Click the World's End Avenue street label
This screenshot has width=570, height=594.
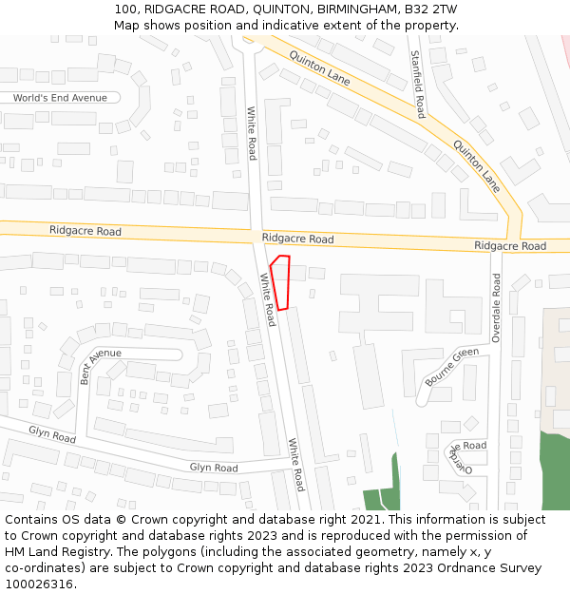[x=60, y=98]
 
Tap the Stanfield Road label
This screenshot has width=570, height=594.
[x=416, y=85]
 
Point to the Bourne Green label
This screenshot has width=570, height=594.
[x=451, y=367]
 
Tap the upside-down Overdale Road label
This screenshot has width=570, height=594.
[x=463, y=458]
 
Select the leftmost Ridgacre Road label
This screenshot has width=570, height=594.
[x=85, y=231]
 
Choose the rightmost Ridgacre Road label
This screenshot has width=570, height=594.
[x=510, y=246]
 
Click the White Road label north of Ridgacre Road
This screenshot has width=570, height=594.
[x=252, y=133]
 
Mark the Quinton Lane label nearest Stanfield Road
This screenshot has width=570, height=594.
[x=319, y=68]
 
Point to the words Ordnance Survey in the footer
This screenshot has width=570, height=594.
[x=495, y=568]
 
